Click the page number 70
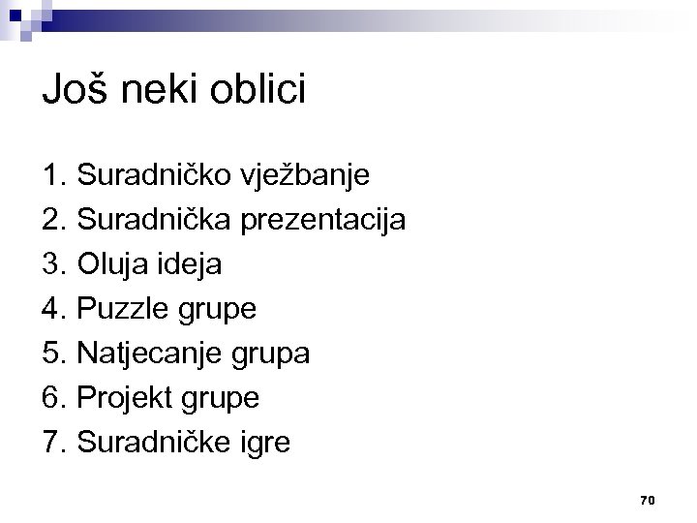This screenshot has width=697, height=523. point(648,500)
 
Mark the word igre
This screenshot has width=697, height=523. point(263,444)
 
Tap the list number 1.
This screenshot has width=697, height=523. point(52,177)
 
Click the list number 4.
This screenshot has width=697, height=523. point(52,310)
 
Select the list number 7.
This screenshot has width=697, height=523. point(52,443)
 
